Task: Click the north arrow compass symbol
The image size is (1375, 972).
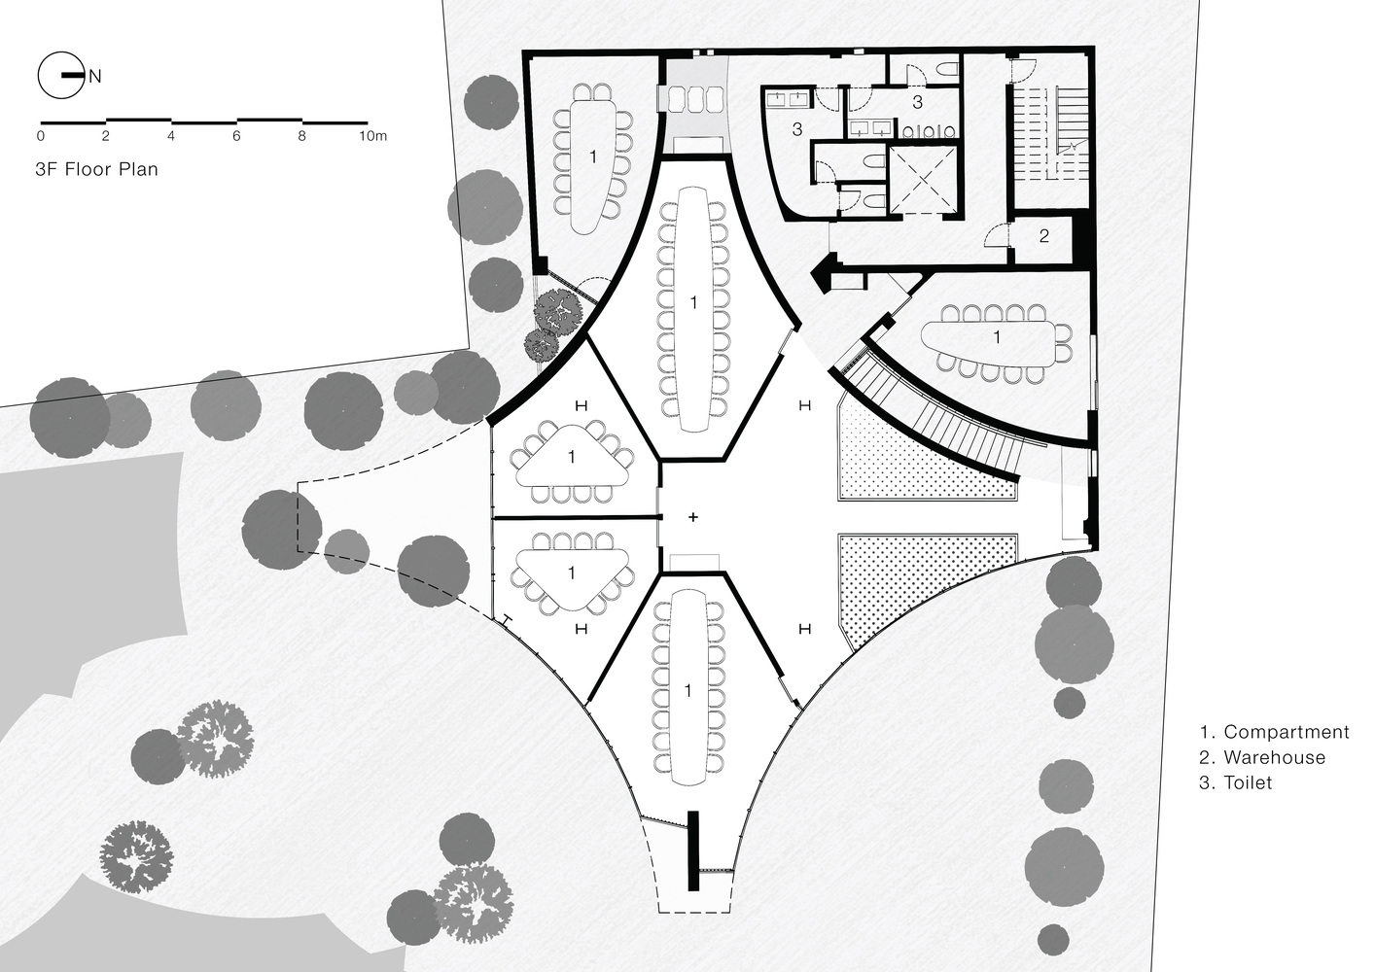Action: click(61, 76)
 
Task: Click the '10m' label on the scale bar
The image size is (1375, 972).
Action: click(373, 136)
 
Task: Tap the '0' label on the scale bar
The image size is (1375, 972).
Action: click(41, 136)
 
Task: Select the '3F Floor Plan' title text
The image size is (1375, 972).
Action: click(97, 169)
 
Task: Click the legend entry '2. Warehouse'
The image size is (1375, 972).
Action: click(1262, 756)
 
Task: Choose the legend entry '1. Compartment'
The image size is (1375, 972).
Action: click(1274, 732)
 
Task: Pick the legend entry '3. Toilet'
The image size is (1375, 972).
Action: click(1236, 782)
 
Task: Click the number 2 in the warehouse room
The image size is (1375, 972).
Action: click(1044, 235)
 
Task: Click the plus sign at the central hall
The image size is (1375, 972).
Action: click(693, 517)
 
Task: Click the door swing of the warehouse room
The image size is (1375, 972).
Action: click(998, 234)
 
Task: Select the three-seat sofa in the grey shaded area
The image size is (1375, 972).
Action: click(693, 99)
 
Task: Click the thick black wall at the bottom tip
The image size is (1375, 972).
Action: click(693, 850)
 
